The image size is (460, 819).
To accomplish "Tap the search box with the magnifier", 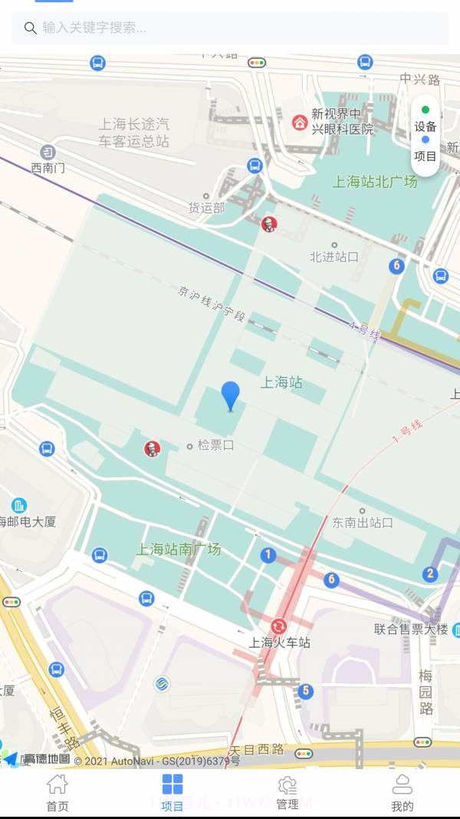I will coord(230,28).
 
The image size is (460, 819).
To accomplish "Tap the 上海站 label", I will coord(281,382).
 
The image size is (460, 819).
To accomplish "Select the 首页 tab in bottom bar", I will coord(58,793).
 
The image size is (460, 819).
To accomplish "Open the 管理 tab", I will coord(287,793).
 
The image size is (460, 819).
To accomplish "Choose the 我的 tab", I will coord(402,793).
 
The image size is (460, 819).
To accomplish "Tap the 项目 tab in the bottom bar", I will coord(172,793).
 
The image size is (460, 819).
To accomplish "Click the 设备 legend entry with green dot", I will coord(426,120).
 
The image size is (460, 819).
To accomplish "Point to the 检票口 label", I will coord(215,445).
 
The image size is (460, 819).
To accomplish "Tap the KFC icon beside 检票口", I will coord(153,449).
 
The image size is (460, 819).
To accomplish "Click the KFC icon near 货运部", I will coord(268,224).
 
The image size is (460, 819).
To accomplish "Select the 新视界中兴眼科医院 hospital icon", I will coord(300,122).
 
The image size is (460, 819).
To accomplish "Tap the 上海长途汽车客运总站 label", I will coord(133,132).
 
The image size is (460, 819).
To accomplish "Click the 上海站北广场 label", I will coord(375,182).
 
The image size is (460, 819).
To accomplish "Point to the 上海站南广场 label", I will coord(179,550).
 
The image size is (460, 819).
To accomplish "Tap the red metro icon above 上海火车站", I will coord(278,626).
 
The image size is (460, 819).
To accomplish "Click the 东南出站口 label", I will coord(363,523).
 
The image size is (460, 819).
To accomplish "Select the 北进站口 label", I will coord(334,257).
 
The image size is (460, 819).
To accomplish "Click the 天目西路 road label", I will coord(257,749).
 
